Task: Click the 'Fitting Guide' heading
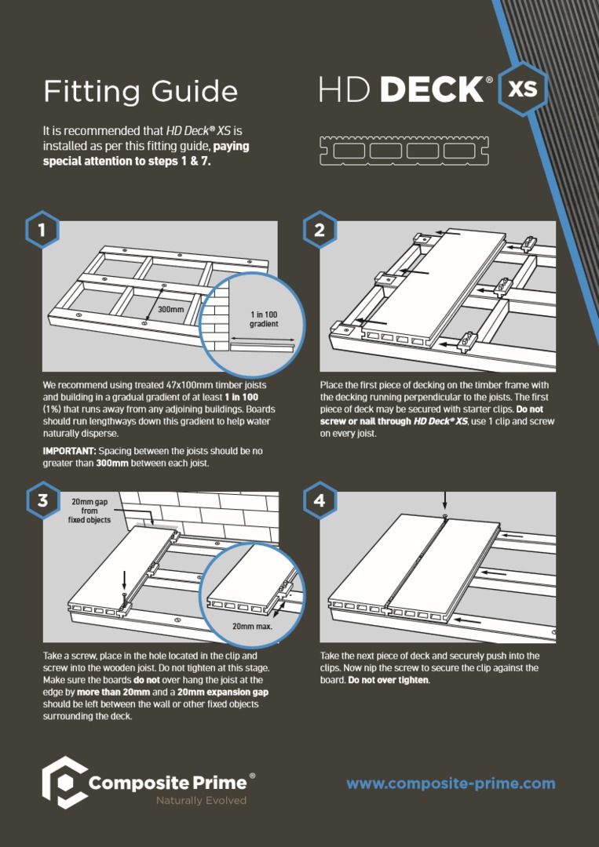tap(141, 91)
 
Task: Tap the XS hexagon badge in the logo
tap(522, 88)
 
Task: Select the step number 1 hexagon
tap(41, 231)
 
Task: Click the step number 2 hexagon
tap(319, 231)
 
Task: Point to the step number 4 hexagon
tap(319, 500)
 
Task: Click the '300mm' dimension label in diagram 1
tap(170, 309)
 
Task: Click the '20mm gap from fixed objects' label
tap(89, 511)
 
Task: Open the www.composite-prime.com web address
tap(451, 783)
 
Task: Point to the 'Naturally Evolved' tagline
tap(201, 801)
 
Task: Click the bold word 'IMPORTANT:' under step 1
tap(68, 452)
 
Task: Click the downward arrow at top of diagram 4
tap(444, 500)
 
